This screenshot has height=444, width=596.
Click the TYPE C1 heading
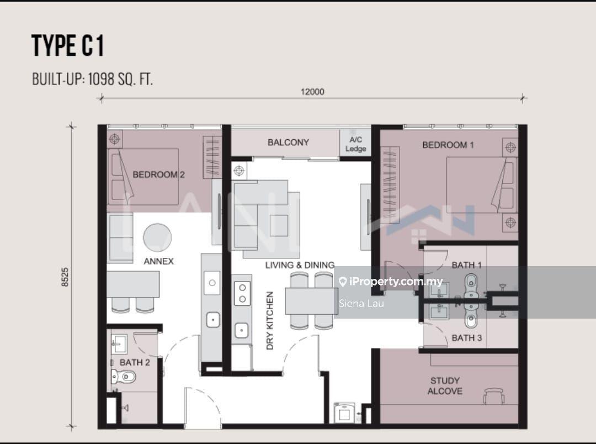(x=68, y=46)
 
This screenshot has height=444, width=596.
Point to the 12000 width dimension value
(x=312, y=92)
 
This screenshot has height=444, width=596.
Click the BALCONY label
(x=288, y=142)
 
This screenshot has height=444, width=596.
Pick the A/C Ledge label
(x=355, y=145)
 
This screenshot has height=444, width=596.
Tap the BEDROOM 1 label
(x=448, y=145)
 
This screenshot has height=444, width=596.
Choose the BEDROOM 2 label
(x=158, y=175)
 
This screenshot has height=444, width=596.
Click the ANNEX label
(x=158, y=261)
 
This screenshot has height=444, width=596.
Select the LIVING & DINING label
(x=300, y=265)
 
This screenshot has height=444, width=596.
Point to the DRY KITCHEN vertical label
(x=270, y=321)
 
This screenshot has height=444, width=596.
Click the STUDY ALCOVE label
(x=445, y=385)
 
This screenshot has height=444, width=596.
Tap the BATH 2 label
(x=135, y=362)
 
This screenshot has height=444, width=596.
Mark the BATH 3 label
(x=466, y=338)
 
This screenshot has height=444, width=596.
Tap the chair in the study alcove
(x=493, y=396)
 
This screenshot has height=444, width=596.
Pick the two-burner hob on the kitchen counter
(x=242, y=293)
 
